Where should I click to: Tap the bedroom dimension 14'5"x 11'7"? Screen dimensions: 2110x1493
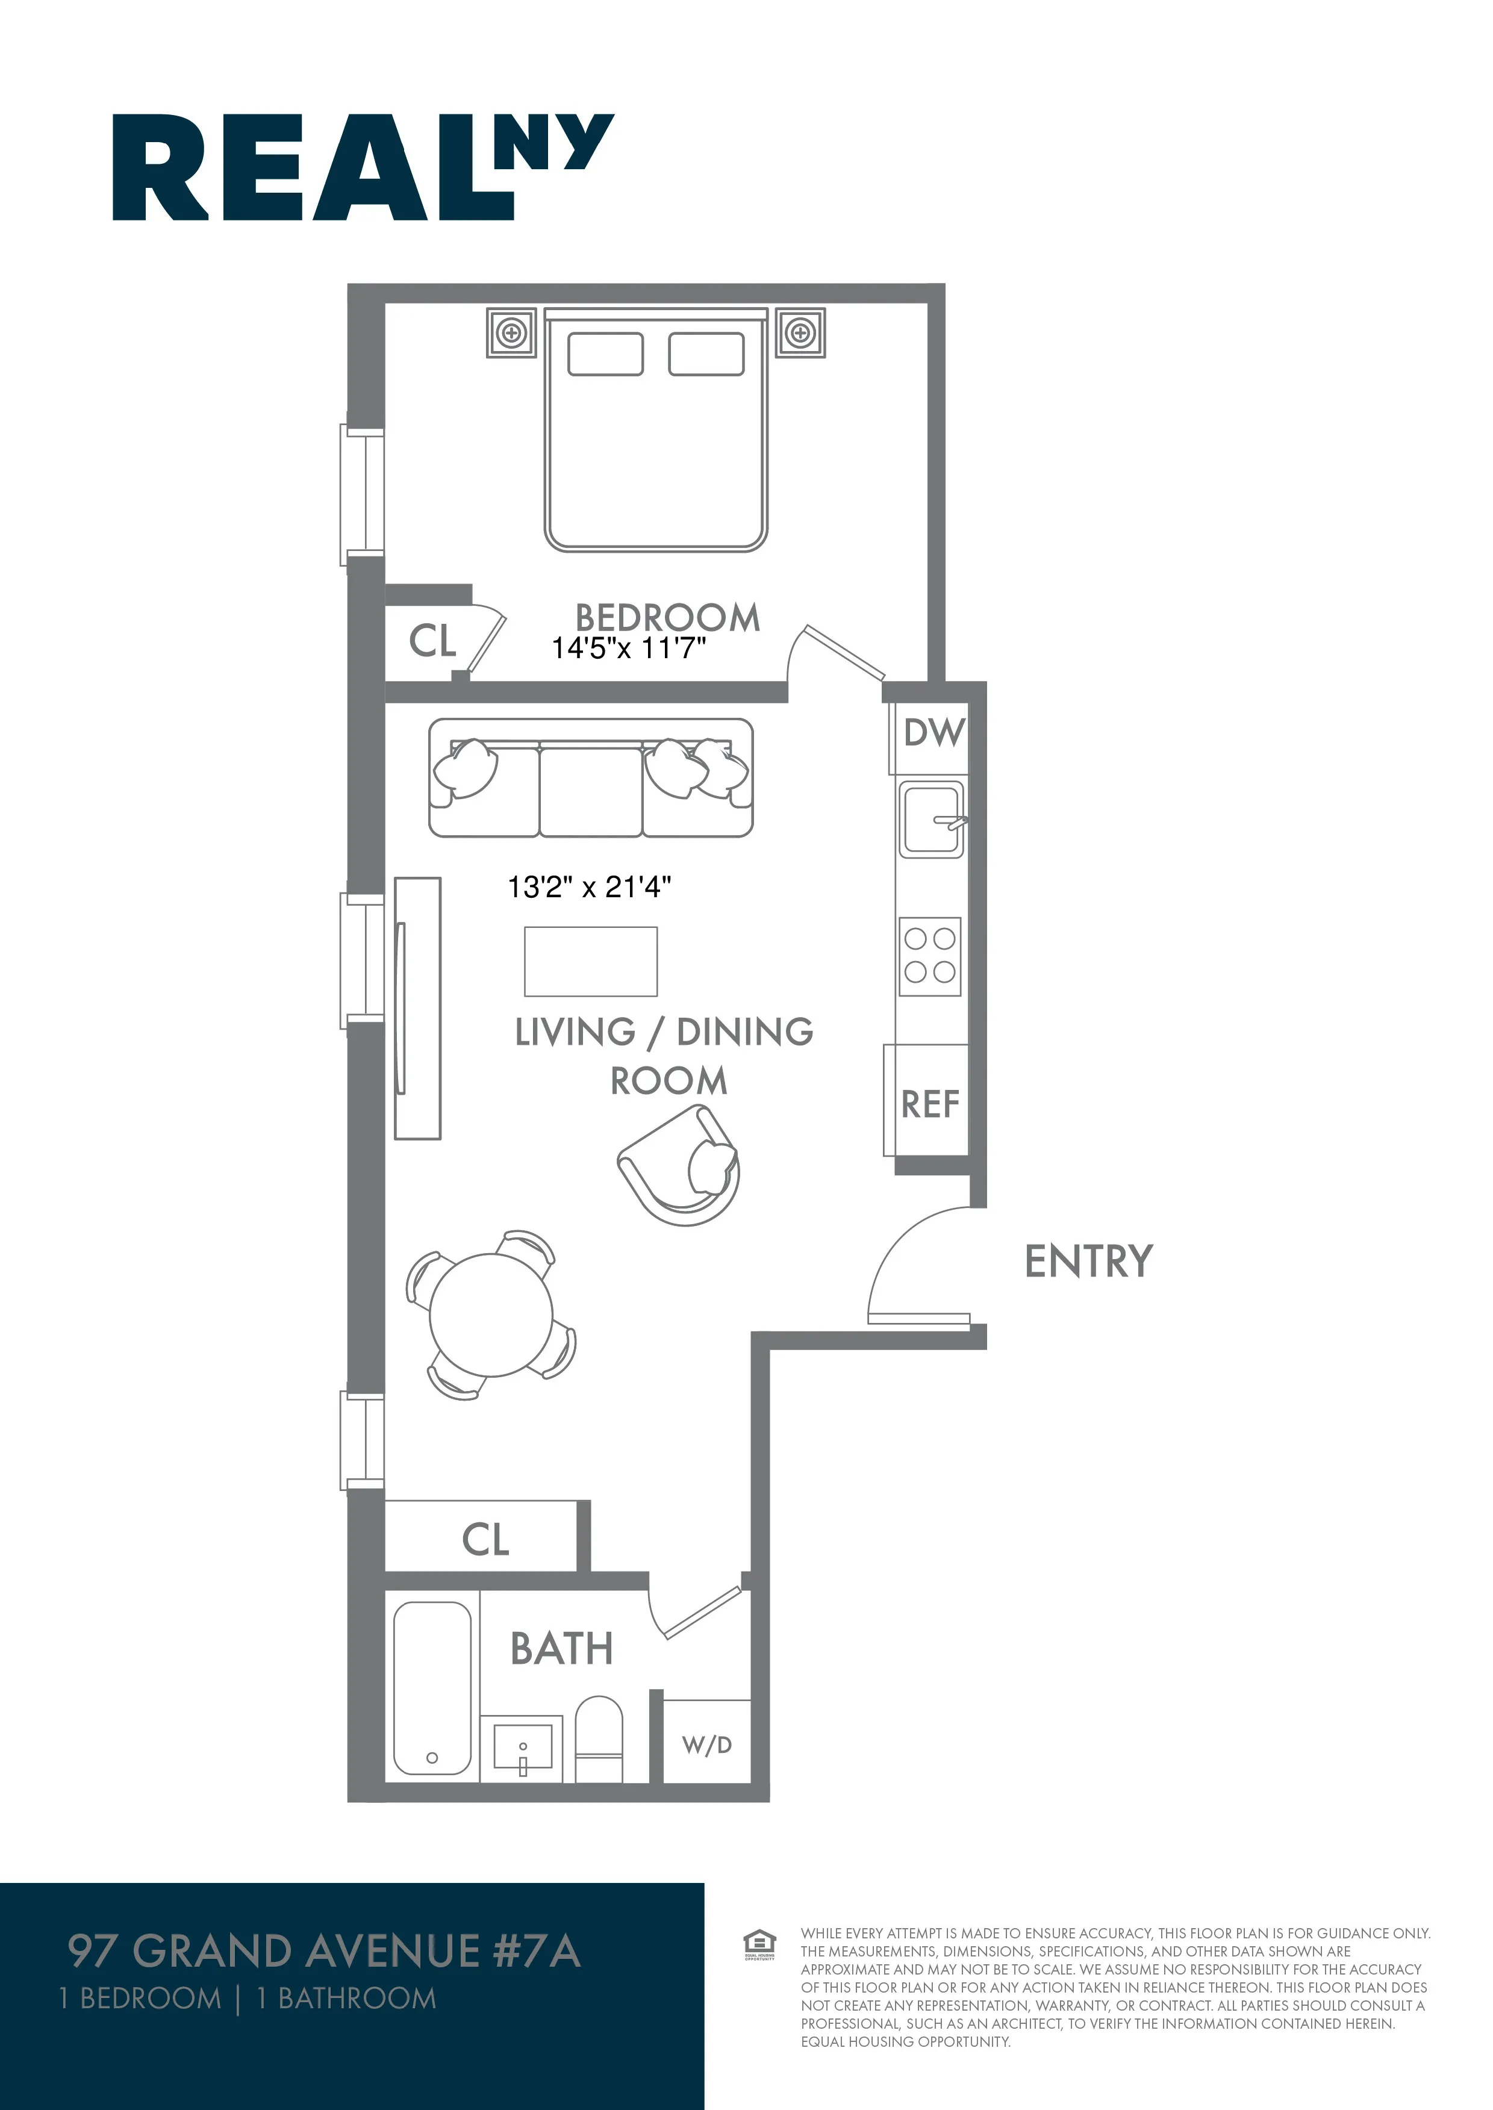(x=629, y=648)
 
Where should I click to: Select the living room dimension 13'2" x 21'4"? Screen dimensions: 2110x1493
(x=589, y=887)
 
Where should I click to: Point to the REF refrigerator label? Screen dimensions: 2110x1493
(x=929, y=1104)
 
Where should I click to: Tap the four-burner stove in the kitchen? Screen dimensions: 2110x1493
(x=929, y=956)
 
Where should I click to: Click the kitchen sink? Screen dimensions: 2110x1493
(x=930, y=819)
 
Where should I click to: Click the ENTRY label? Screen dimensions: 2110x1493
(x=1088, y=1261)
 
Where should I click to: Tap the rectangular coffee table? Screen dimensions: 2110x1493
(x=590, y=961)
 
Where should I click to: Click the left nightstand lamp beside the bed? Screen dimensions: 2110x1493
(x=511, y=332)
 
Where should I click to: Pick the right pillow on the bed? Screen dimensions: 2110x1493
(x=706, y=354)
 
